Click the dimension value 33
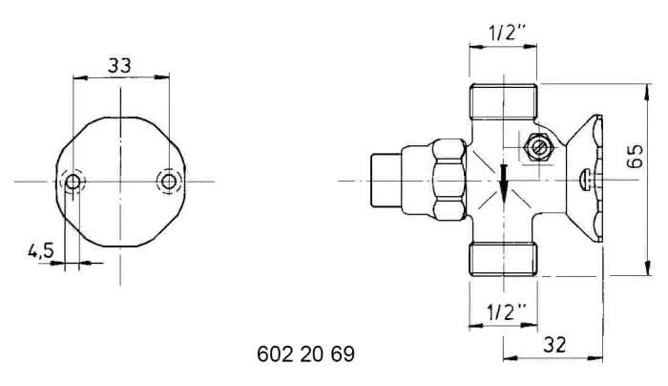119,65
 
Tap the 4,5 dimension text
41,250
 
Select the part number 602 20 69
306,354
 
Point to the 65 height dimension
636,156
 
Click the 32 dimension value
554,345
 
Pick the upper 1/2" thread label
507,32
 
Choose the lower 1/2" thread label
506,312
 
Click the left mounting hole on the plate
73,182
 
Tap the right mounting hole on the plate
169,182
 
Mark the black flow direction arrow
504,183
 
